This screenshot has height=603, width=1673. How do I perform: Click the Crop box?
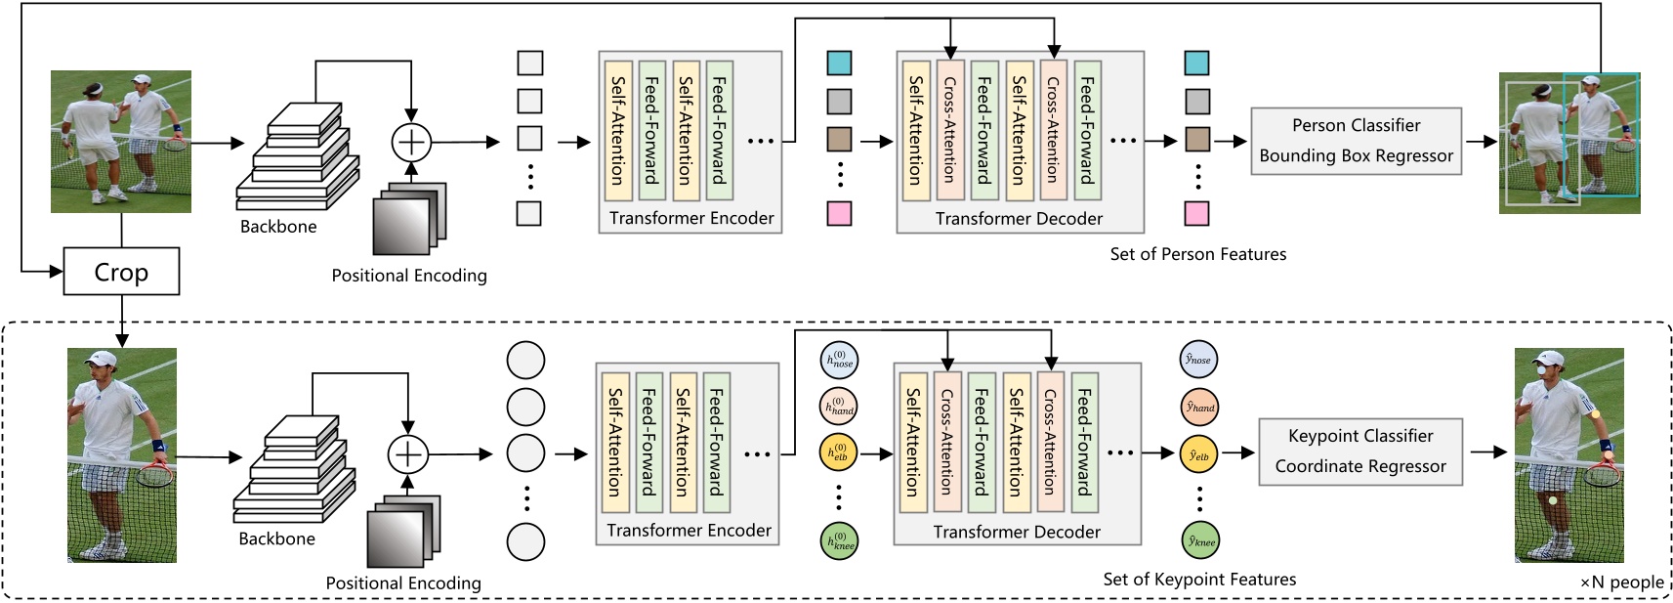(x=121, y=272)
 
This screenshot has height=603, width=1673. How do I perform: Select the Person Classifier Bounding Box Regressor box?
(x=1356, y=141)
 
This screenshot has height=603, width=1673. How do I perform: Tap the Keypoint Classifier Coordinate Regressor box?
(x=1359, y=452)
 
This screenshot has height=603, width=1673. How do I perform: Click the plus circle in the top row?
(x=411, y=142)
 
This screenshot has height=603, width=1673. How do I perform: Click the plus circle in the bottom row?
(x=408, y=454)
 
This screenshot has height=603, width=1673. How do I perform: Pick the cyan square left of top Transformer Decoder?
(x=839, y=64)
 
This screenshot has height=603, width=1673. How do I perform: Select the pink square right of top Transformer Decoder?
(x=1196, y=213)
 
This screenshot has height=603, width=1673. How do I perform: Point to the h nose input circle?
(x=840, y=361)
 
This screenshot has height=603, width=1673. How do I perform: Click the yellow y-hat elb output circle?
(x=1198, y=455)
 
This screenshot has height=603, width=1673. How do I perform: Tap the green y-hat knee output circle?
(x=1200, y=540)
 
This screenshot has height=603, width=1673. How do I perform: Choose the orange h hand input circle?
(x=840, y=407)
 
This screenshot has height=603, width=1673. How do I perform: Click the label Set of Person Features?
(x=1197, y=254)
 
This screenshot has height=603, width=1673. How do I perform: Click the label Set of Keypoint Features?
(x=1199, y=580)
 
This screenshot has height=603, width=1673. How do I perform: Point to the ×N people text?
(x=1621, y=582)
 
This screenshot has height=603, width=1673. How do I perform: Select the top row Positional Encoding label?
(x=408, y=276)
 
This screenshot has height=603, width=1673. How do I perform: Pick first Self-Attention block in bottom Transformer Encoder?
(x=614, y=442)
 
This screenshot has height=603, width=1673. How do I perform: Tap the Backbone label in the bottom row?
(x=276, y=538)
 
